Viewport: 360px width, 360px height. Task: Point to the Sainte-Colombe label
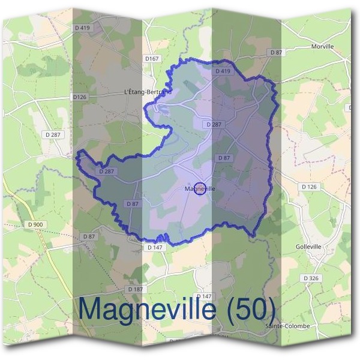coord(287,326)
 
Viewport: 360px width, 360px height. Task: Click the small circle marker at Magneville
coord(201,188)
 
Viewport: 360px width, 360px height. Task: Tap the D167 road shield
coord(152,59)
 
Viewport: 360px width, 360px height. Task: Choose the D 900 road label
coord(35,224)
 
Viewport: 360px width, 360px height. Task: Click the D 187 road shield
coord(134,289)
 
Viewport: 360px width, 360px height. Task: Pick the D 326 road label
coord(311,278)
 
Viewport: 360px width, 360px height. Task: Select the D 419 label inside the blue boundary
coord(222,71)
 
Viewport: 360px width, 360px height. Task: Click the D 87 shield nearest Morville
coord(276,53)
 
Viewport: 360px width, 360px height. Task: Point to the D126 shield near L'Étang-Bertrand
coord(79,97)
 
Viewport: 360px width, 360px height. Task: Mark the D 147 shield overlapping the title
coord(204,296)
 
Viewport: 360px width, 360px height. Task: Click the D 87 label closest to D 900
coord(89,236)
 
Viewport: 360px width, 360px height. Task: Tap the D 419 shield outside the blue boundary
coord(82,28)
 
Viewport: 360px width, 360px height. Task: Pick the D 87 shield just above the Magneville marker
coord(224,158)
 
